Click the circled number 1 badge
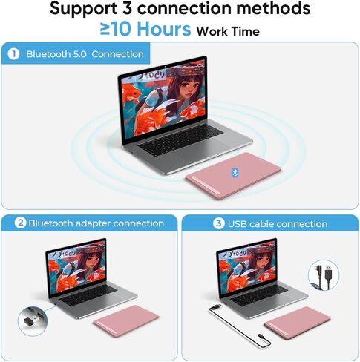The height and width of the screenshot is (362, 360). tap(13, 54)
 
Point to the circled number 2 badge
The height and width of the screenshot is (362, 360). tap(20, 223)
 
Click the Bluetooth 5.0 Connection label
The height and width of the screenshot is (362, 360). tap(85, 54)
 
